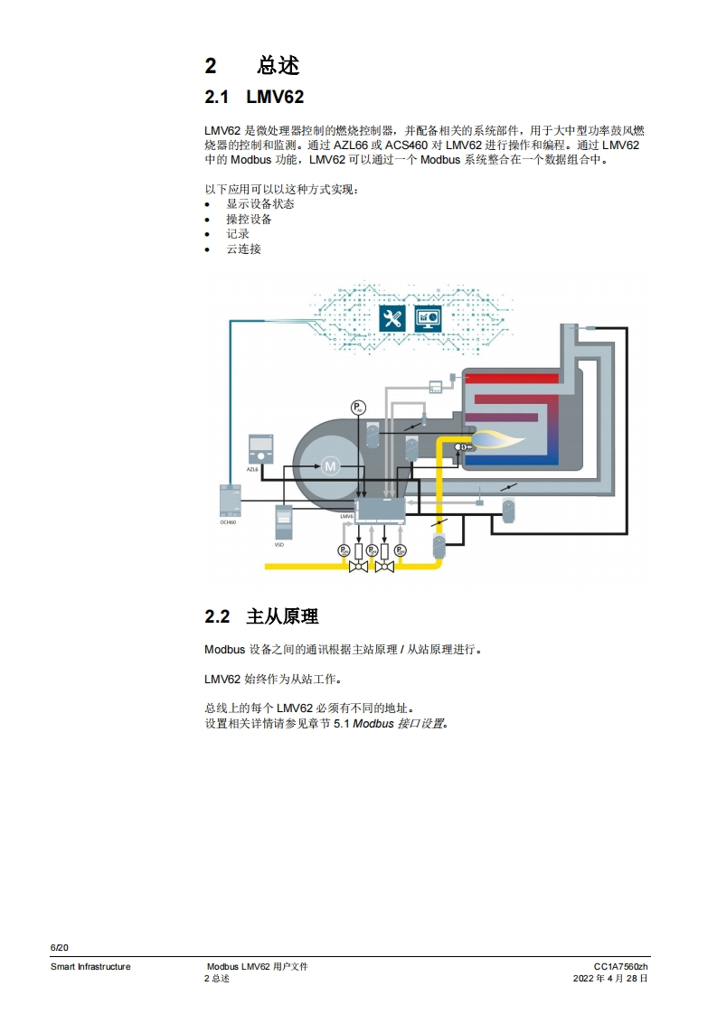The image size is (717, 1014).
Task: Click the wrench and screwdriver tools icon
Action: tap(392, 318)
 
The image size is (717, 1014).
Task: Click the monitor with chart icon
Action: tap(427, 318)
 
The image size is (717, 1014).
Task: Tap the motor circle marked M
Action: tap(329, 466)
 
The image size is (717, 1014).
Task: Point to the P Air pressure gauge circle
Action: tap(358, 408)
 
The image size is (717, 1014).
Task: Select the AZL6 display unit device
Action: tap(259, 449)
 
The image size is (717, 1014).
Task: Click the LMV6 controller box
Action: tap(382, 511)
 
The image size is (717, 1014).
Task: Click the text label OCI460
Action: tap(228, 522)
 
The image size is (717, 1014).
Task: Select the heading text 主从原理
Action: tap(282, 616)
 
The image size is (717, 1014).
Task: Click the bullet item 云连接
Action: tap(243, 249)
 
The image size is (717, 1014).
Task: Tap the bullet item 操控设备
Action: tap(249, 219)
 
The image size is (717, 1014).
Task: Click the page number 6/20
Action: tap(59, 947)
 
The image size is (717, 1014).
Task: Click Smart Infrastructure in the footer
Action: tap(90, 966)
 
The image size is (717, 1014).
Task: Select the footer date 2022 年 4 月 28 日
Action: tap(610, 978)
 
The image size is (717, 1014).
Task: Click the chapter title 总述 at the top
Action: tap(278, 66)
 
